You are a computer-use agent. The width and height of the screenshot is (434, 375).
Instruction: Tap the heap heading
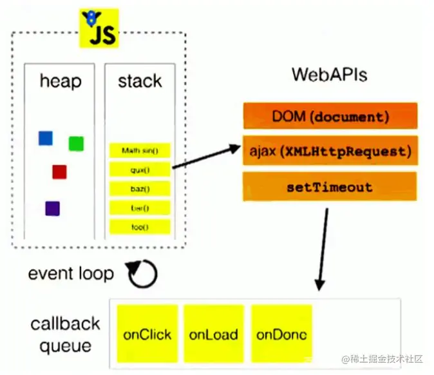[61, 81]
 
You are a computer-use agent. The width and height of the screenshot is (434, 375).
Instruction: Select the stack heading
[139, 81]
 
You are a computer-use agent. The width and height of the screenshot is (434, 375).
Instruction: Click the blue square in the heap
[45, 137]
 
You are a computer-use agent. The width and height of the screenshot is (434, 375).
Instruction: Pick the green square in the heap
[76, 143]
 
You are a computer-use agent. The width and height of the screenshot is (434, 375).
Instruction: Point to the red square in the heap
[59, 171]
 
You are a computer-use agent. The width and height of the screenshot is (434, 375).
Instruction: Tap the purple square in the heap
[52, 208]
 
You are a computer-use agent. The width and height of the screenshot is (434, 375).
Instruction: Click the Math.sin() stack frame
[140, 151]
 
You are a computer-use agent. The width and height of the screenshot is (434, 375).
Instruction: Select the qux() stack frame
[140, 169]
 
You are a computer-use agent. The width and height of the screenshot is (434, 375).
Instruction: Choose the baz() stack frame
[140, 189]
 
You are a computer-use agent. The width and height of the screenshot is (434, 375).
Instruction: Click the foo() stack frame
[140, 227]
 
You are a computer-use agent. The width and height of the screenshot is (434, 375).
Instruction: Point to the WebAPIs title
[330, 74]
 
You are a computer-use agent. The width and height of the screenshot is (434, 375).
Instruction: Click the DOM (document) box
[330, 117]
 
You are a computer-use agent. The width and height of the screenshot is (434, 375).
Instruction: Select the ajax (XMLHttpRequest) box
[330, 152]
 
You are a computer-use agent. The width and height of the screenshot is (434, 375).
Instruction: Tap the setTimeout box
[330, 187]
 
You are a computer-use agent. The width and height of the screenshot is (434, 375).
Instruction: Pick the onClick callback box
[147, 334]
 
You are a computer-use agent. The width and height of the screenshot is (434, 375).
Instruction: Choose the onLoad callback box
[214, 334]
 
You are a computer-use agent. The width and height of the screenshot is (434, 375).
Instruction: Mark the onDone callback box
[281, 334]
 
